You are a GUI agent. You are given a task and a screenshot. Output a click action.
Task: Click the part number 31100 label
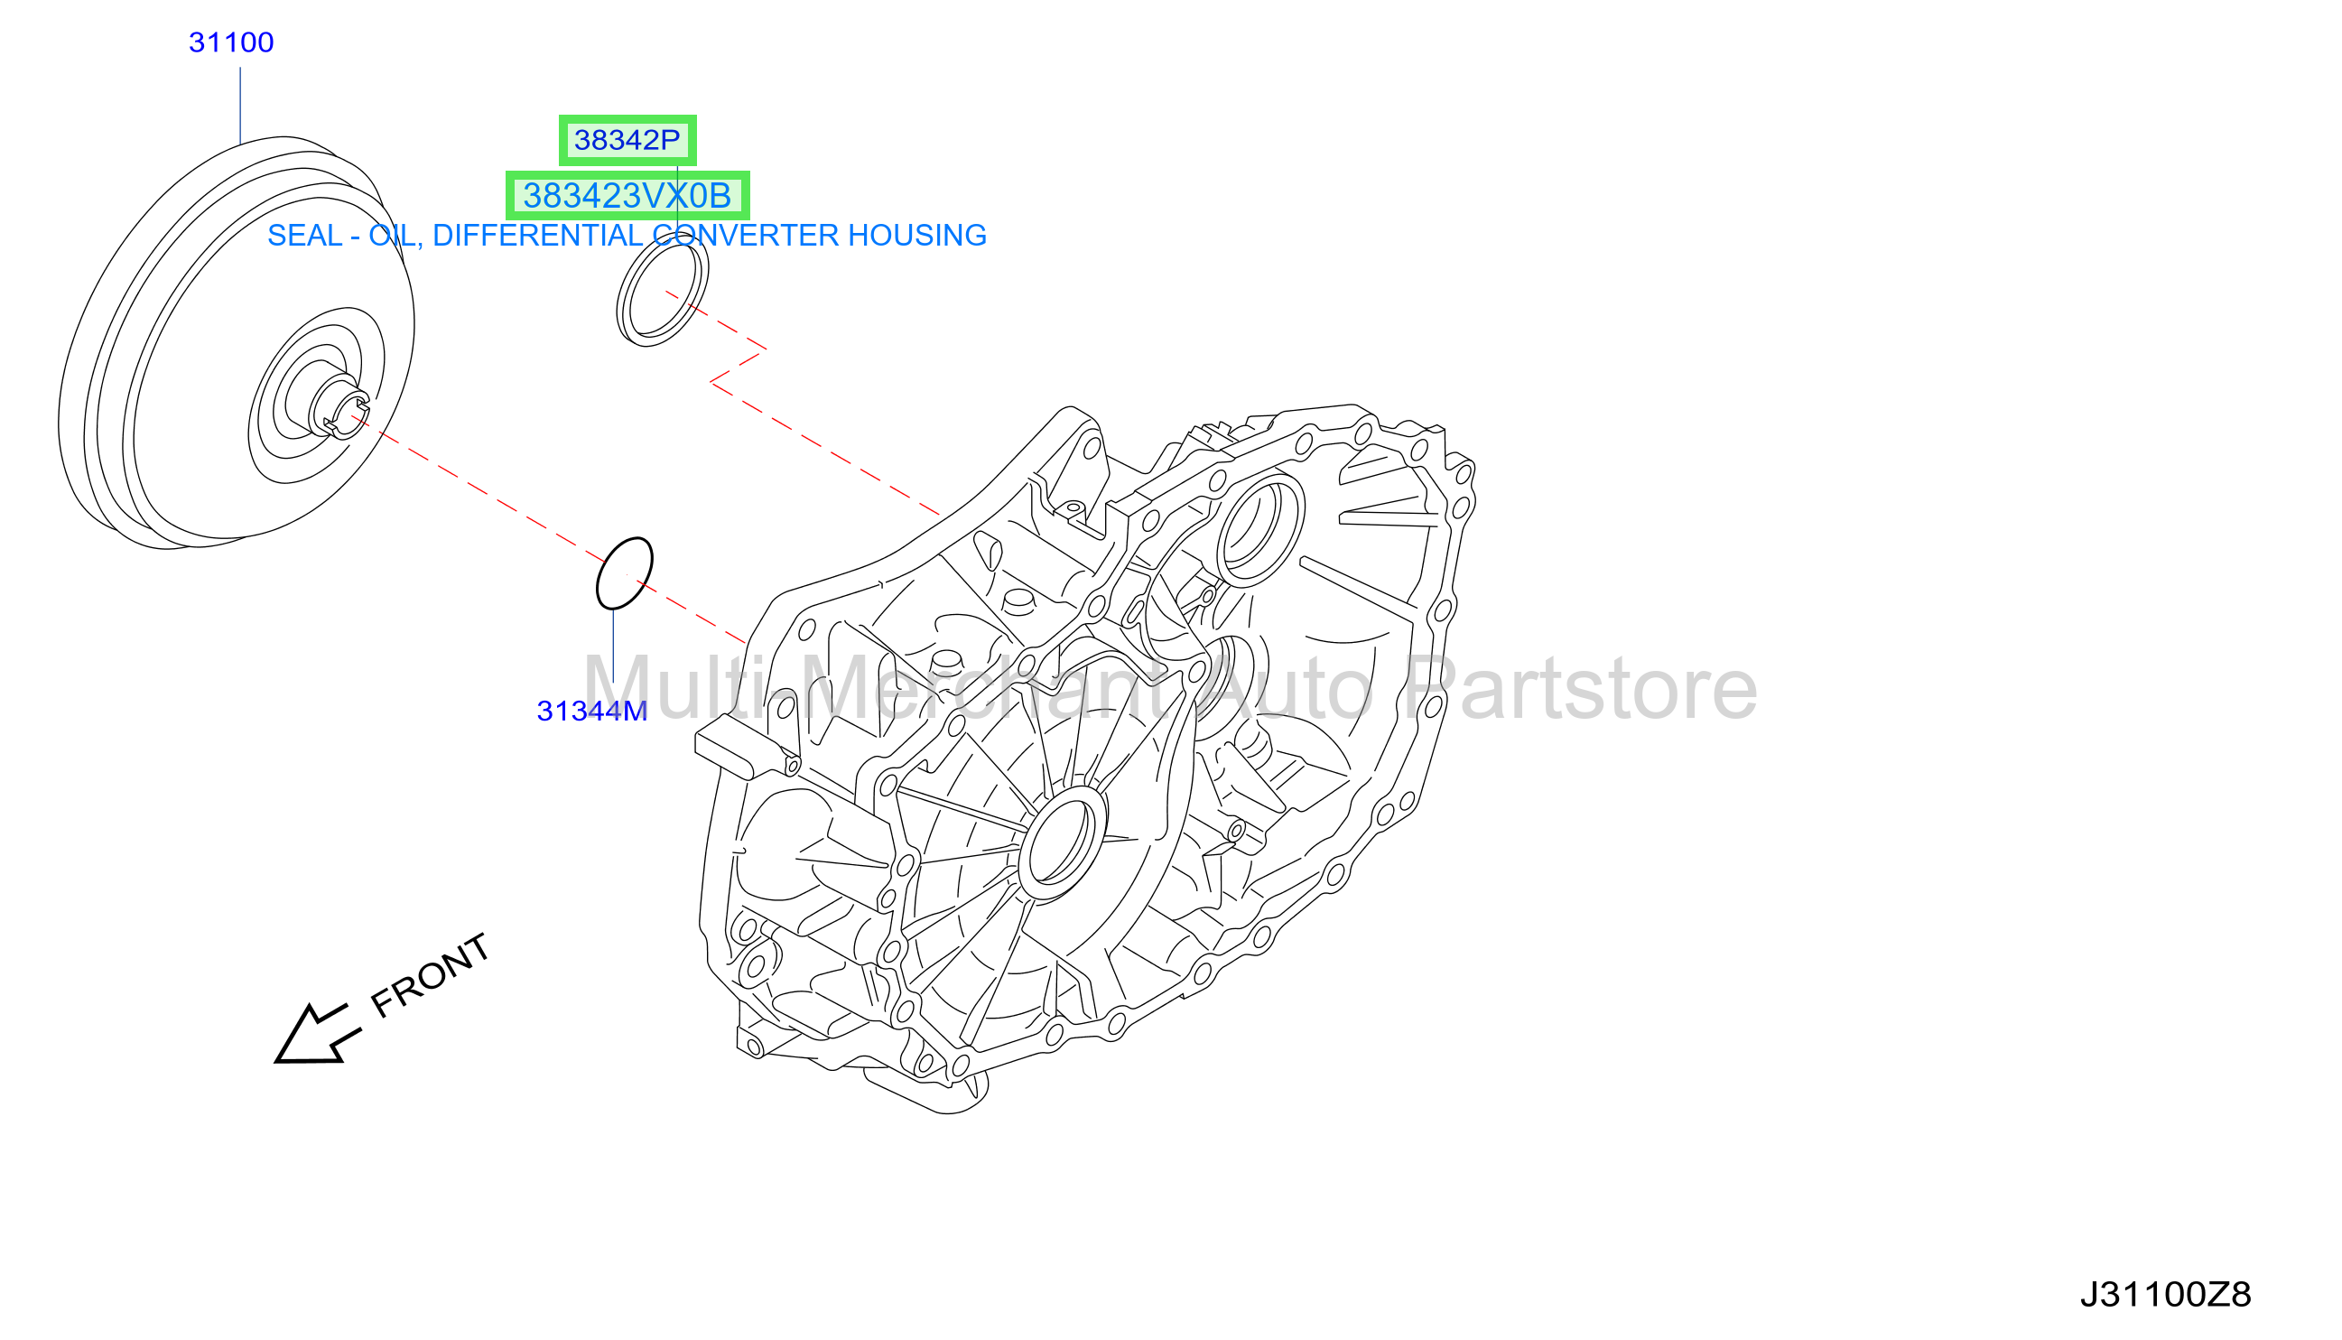pos(231,42)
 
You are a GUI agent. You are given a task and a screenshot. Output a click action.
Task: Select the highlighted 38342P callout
pos(627,140)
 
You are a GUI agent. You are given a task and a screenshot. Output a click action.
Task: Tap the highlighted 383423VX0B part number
pos(627,195)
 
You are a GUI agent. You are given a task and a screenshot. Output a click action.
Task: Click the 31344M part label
pos(591,712)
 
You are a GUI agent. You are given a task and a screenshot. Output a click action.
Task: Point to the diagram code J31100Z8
pos(2165,1295)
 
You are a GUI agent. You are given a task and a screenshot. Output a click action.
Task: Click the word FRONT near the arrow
pos(430,975)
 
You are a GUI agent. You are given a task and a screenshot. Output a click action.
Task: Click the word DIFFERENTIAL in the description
pos(536,236)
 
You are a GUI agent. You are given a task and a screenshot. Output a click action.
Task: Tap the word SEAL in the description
pos(304,236)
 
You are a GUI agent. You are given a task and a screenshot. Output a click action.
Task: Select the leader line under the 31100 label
pos(240,106)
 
